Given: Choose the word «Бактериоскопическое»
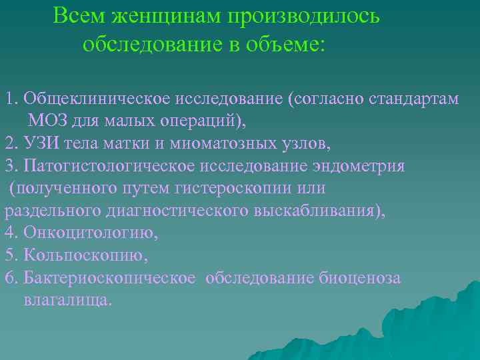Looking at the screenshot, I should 109,277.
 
